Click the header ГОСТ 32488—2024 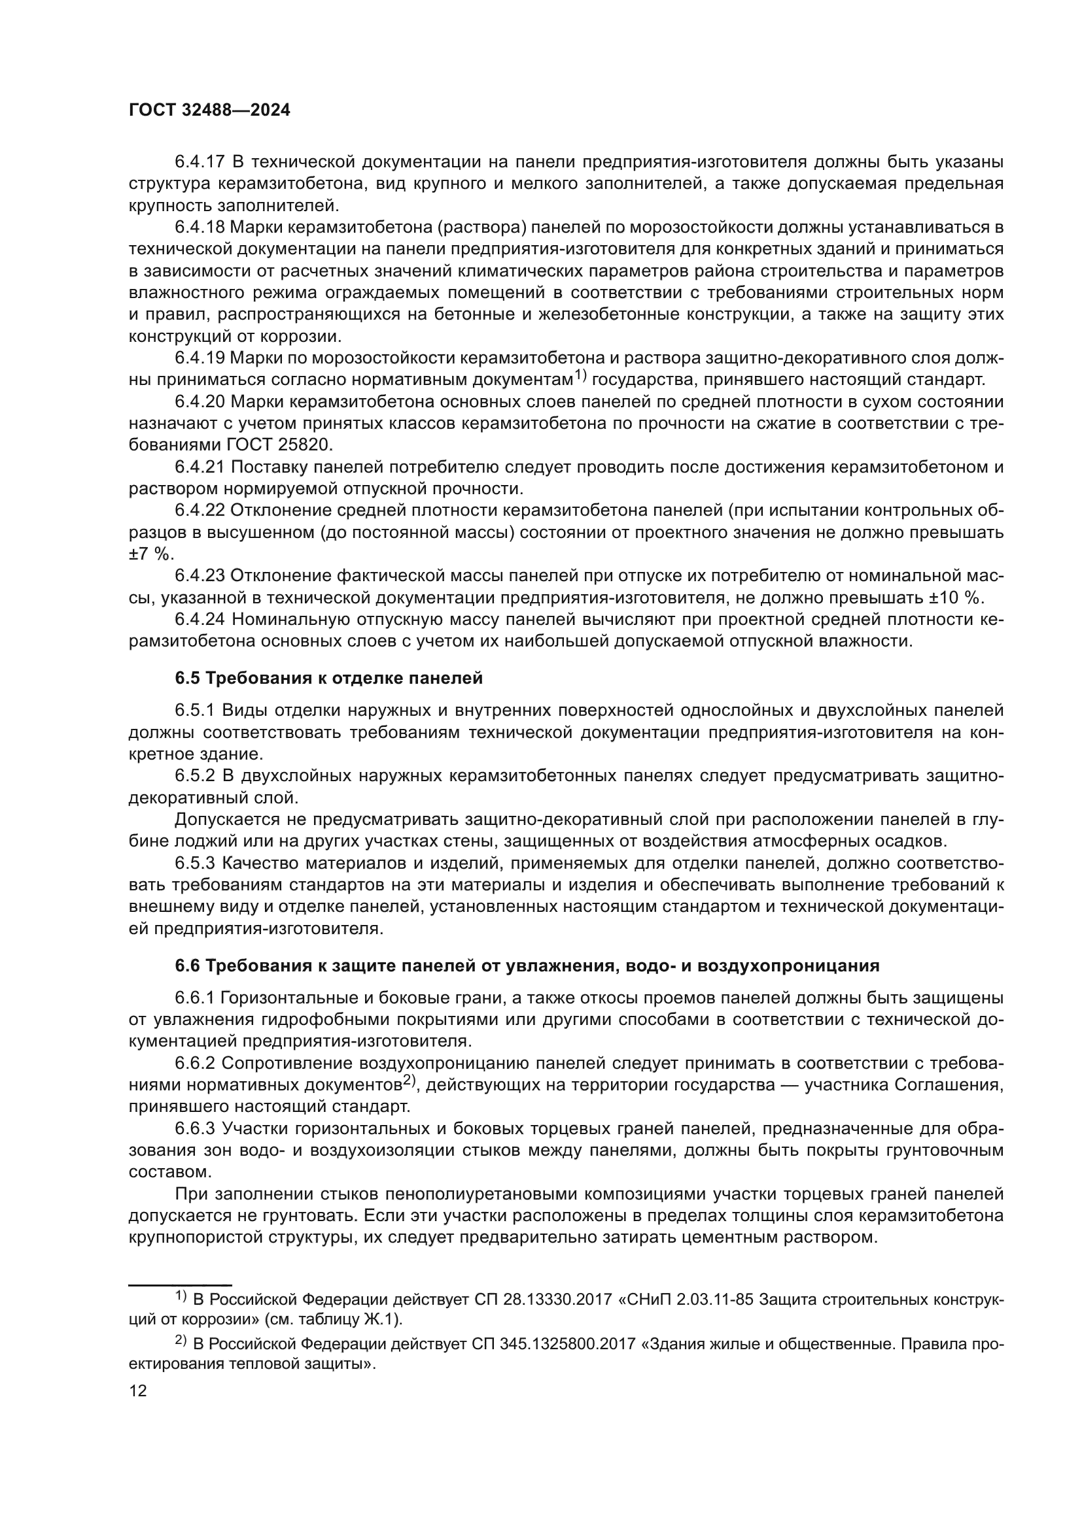point(209,110)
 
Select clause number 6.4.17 point(200,162)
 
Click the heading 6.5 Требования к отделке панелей point(328,678)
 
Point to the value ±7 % point(150,554)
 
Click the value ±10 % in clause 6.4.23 point(952,597)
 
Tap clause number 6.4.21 point(200,467)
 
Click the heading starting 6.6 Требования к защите point(527,966)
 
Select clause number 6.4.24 point(200,619)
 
